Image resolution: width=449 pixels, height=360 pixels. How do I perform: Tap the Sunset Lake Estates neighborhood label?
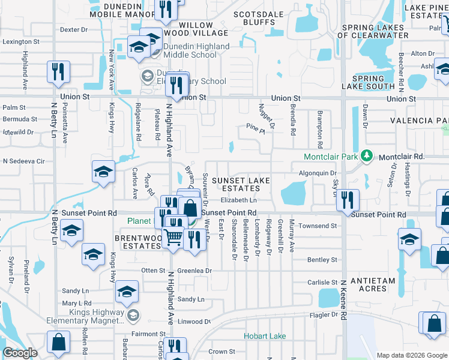click(243, 184)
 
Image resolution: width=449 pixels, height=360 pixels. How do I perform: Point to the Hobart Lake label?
click(265, 336)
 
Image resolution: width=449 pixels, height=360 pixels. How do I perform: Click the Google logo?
click(20, 353)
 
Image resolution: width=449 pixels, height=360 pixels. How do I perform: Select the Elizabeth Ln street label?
click(238, 200)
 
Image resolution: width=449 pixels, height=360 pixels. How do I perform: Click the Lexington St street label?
click(20, 42)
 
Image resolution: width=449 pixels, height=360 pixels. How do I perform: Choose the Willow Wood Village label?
click(188, 29)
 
